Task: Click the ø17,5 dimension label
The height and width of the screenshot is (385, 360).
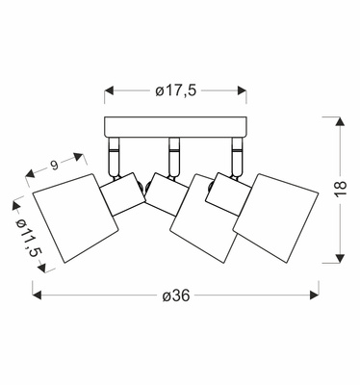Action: tap(175, 90)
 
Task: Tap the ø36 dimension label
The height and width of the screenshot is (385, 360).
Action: tap(176, 295)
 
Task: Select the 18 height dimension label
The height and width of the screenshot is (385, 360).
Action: tap(342, 189)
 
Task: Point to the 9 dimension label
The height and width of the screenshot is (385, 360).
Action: tap(54, 165)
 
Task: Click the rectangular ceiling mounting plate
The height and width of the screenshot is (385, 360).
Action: tap(176, 127)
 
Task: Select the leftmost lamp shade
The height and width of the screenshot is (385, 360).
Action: tap(76, 218)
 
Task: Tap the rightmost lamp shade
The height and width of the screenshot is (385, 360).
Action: tap(276, 218)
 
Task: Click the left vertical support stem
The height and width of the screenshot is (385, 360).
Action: tap(114, 157)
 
